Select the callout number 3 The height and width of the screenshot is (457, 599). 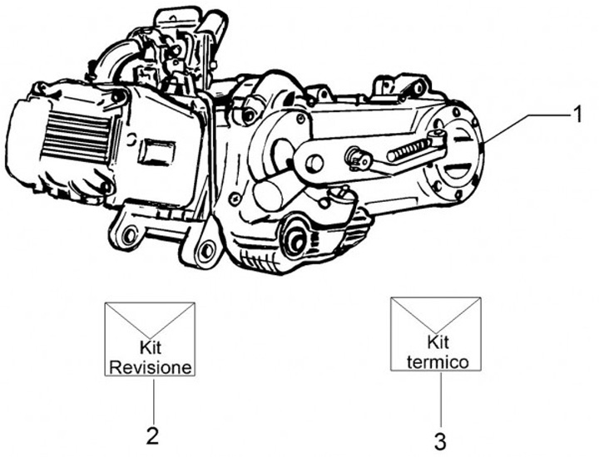[440, 437]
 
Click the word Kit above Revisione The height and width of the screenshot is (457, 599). [151, 350]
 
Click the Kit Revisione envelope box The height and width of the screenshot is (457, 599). [150, 339]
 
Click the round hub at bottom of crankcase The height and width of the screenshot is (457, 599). [295, 241]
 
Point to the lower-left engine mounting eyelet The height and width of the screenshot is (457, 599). [128, 238]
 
